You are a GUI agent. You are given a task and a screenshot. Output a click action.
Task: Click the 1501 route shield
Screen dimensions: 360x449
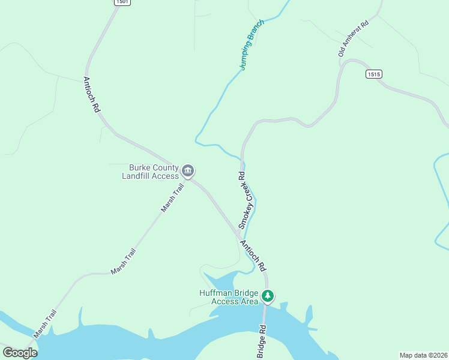pyautogui.click(x=121, y=2)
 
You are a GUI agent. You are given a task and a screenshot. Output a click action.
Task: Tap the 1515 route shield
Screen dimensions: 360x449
pyautogui.click(x=373, y=74)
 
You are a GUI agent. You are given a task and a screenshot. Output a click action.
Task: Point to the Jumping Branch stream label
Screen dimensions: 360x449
pyautogui.click(x=252, y=45)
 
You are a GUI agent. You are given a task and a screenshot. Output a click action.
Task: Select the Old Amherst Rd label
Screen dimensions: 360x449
pyautogui.click(x=353, y=37)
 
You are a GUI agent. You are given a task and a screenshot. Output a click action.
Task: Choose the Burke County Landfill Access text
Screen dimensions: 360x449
pyautogui.click(x=150, y=172)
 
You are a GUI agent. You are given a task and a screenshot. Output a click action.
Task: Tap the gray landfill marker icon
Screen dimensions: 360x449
pyautogui.click(x=188, y=172)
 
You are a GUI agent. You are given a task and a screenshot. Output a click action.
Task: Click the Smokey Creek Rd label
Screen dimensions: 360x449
pyautogui.click(x=243, y=200)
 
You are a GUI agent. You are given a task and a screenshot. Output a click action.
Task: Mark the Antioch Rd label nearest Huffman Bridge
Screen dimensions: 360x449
pyautogui.click(x=253, y=256)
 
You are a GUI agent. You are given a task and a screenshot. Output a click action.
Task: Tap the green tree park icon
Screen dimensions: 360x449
pyautogui.click(x=268, y=296)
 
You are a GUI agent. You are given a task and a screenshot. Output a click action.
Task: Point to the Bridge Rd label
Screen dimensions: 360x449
pyautogui.click(x=261, y=343)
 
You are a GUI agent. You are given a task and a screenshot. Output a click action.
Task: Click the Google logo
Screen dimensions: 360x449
pyautogui.click(x=20, y=353)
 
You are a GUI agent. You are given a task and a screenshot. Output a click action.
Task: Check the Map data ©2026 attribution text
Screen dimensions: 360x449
pyautogui.click(x=424, y=355)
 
